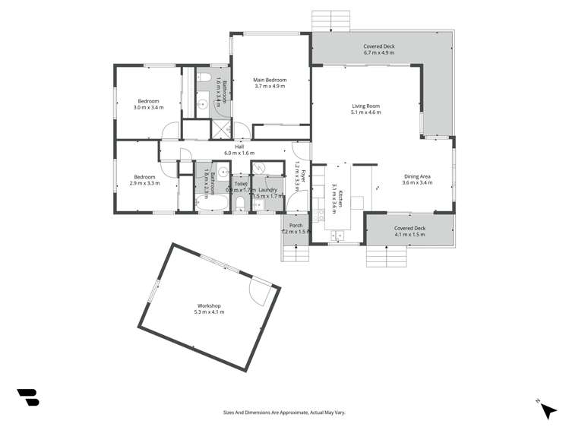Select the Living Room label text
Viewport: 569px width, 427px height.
point(365,106)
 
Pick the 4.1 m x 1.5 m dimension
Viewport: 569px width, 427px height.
point(409,235)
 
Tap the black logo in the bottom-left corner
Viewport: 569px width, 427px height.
point(27,397)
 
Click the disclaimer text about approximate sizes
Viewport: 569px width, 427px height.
point(283,413)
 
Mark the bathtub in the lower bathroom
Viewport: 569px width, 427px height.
point(204,202)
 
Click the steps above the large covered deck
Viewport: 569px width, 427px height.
point(330,21)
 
